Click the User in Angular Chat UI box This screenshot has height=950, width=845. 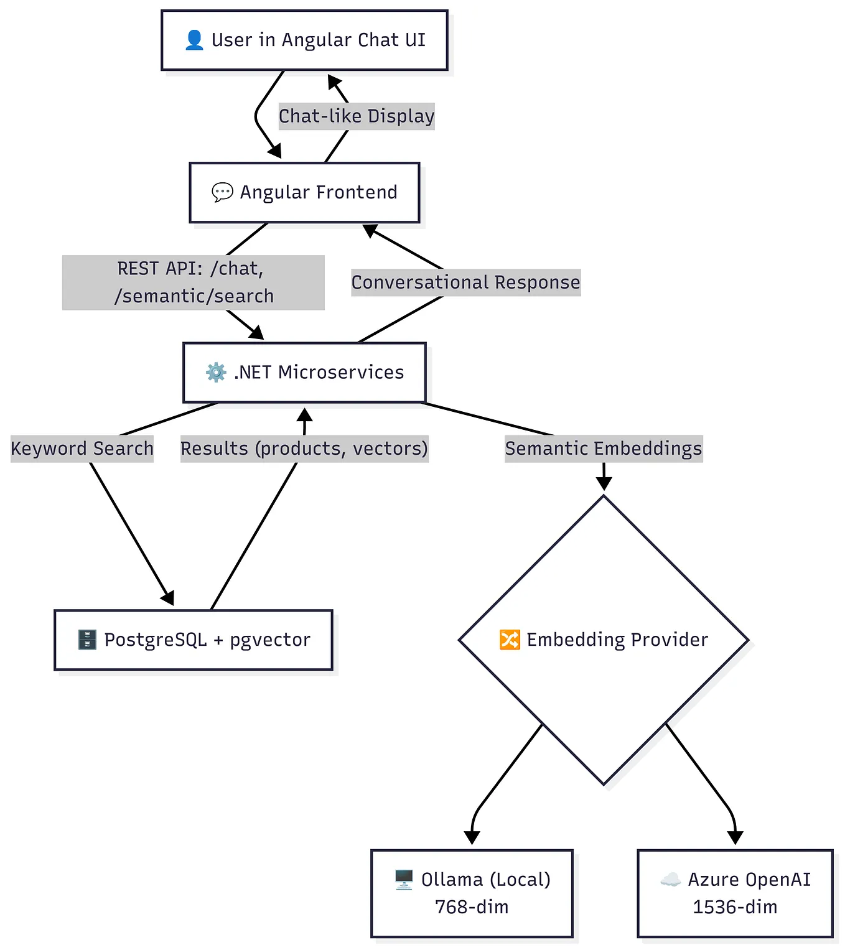(304, 40)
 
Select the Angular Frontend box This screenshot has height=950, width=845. (304, 192)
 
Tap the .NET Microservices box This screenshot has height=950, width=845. (304, 372)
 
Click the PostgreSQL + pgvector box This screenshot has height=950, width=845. (194, 640)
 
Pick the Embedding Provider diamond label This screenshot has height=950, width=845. (617, 640)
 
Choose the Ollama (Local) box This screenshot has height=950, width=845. (472, 893)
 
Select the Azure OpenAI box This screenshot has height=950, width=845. (735, 893)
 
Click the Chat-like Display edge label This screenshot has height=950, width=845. (356, 116)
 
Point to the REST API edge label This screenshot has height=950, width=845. (194, 282)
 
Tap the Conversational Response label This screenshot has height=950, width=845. (465, 282)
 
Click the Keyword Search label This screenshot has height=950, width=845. (82, 449)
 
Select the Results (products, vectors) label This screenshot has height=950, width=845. (304, 449)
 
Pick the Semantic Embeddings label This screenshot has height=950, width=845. (603, 449)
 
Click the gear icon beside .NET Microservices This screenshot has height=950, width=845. (216, 372)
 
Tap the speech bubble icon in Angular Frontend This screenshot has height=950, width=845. (222, 192)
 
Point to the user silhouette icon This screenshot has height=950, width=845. (194, 40)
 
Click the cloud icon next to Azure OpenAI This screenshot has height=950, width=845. (670, 879)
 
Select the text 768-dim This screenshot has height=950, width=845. (472, 907)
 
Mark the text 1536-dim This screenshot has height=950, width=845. (735, 907)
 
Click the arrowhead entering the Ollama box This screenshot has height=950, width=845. (472, 837)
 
